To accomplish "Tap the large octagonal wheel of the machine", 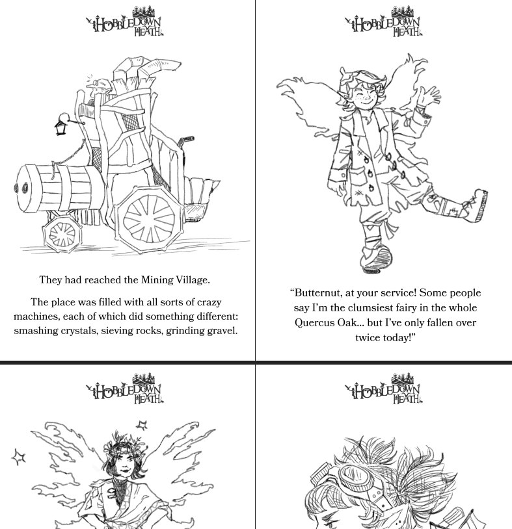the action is [149, 220].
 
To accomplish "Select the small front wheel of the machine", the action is [62, 233].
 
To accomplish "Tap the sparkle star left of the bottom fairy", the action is [19, 457].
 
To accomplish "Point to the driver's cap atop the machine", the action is [100, 83].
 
